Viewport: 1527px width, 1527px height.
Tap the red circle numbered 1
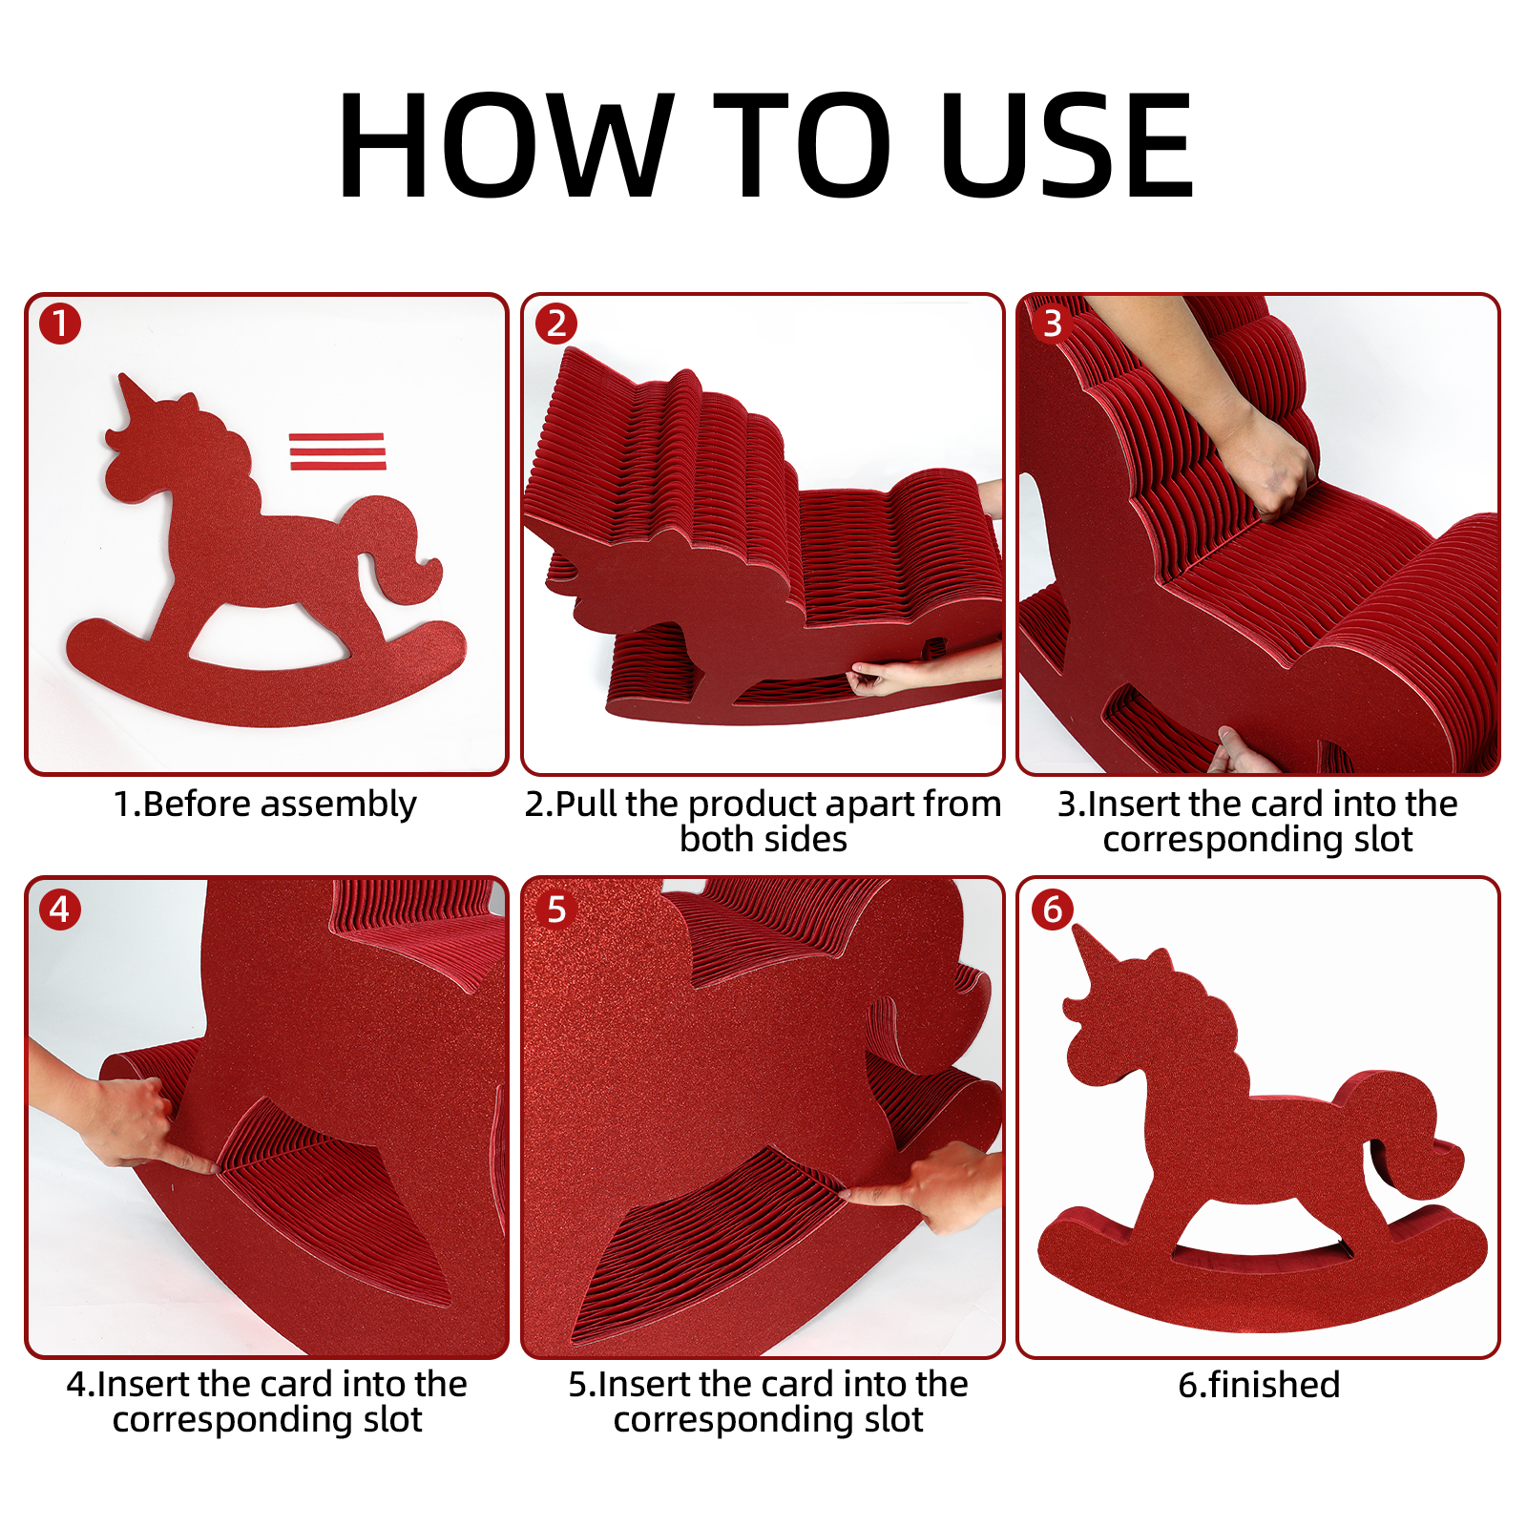pos(60,324)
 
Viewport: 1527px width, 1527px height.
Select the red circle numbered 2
pos(556,324)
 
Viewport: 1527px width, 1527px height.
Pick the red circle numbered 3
pos(1052,324)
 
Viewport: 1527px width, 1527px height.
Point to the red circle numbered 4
pos(60,910)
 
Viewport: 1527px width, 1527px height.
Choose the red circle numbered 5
pos(556,910)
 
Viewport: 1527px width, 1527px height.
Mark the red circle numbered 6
pos(1052,910)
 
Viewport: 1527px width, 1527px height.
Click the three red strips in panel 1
pos(337,451)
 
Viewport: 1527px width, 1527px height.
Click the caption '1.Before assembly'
pos(265,805)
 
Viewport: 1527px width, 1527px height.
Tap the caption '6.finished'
pos(1259,1385)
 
